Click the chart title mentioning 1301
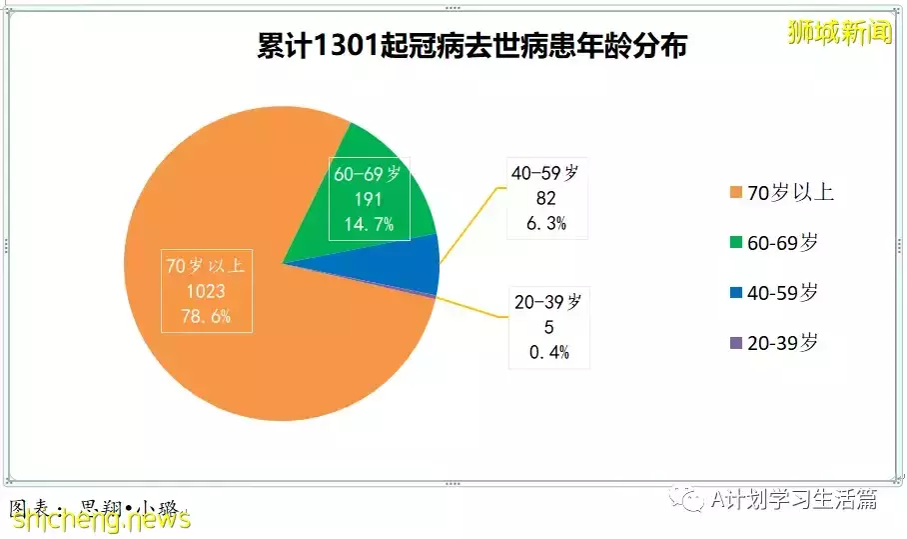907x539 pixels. click(471, 45)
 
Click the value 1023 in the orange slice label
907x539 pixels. click(206, 291)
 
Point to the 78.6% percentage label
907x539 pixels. click(206, 316)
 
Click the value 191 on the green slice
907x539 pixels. click(369, 199)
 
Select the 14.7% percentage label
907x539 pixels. click(369, 224)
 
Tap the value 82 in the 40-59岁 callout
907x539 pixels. click(546, 198)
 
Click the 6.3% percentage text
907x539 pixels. click(546, 223)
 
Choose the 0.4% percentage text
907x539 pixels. click(549, 352)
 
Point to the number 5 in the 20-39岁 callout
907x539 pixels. click(549, 327)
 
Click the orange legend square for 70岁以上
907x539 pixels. click(736, 192)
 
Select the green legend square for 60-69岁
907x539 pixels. click(736, 242)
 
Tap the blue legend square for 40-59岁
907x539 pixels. click(736, 292)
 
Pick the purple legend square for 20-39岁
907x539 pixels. click(736, 343)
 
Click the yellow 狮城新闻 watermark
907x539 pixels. click(839, 32)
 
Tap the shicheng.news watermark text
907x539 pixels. click(102, 519)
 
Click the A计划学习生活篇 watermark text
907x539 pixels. click(793, 499)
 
